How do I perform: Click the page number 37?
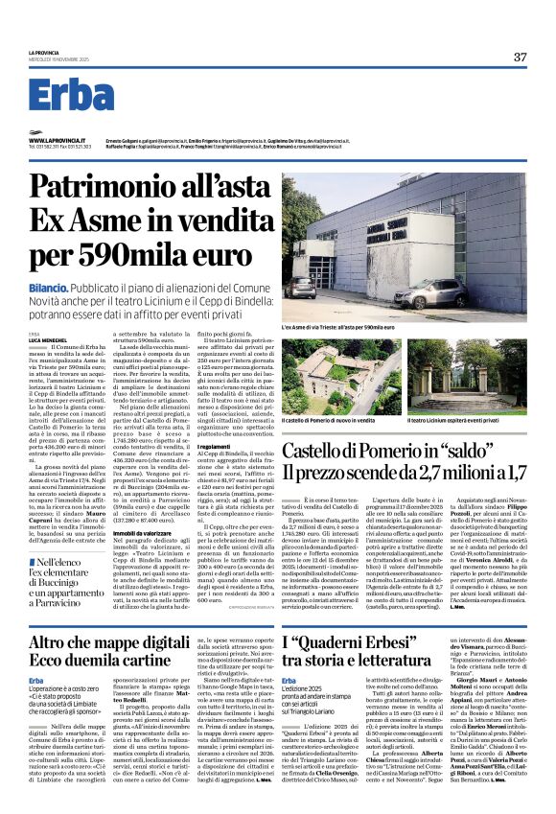pyautogui.click(x=520, y=57)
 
